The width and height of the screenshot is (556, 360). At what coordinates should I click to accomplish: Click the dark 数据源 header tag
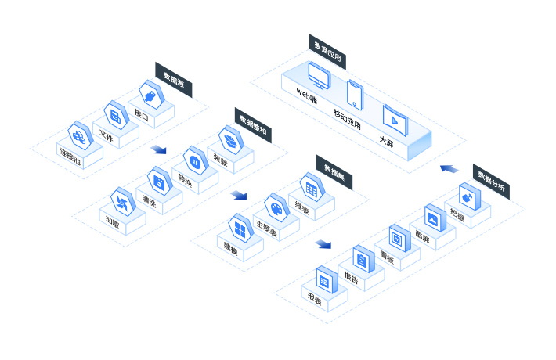[174, 81]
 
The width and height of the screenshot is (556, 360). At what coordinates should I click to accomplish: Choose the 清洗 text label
[149, 203]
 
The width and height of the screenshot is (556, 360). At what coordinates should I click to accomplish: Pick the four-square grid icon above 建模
[240, 226]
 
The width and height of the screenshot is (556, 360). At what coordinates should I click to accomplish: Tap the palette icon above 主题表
[276, 207]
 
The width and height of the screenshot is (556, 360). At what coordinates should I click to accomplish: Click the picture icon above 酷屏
[432, 217]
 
